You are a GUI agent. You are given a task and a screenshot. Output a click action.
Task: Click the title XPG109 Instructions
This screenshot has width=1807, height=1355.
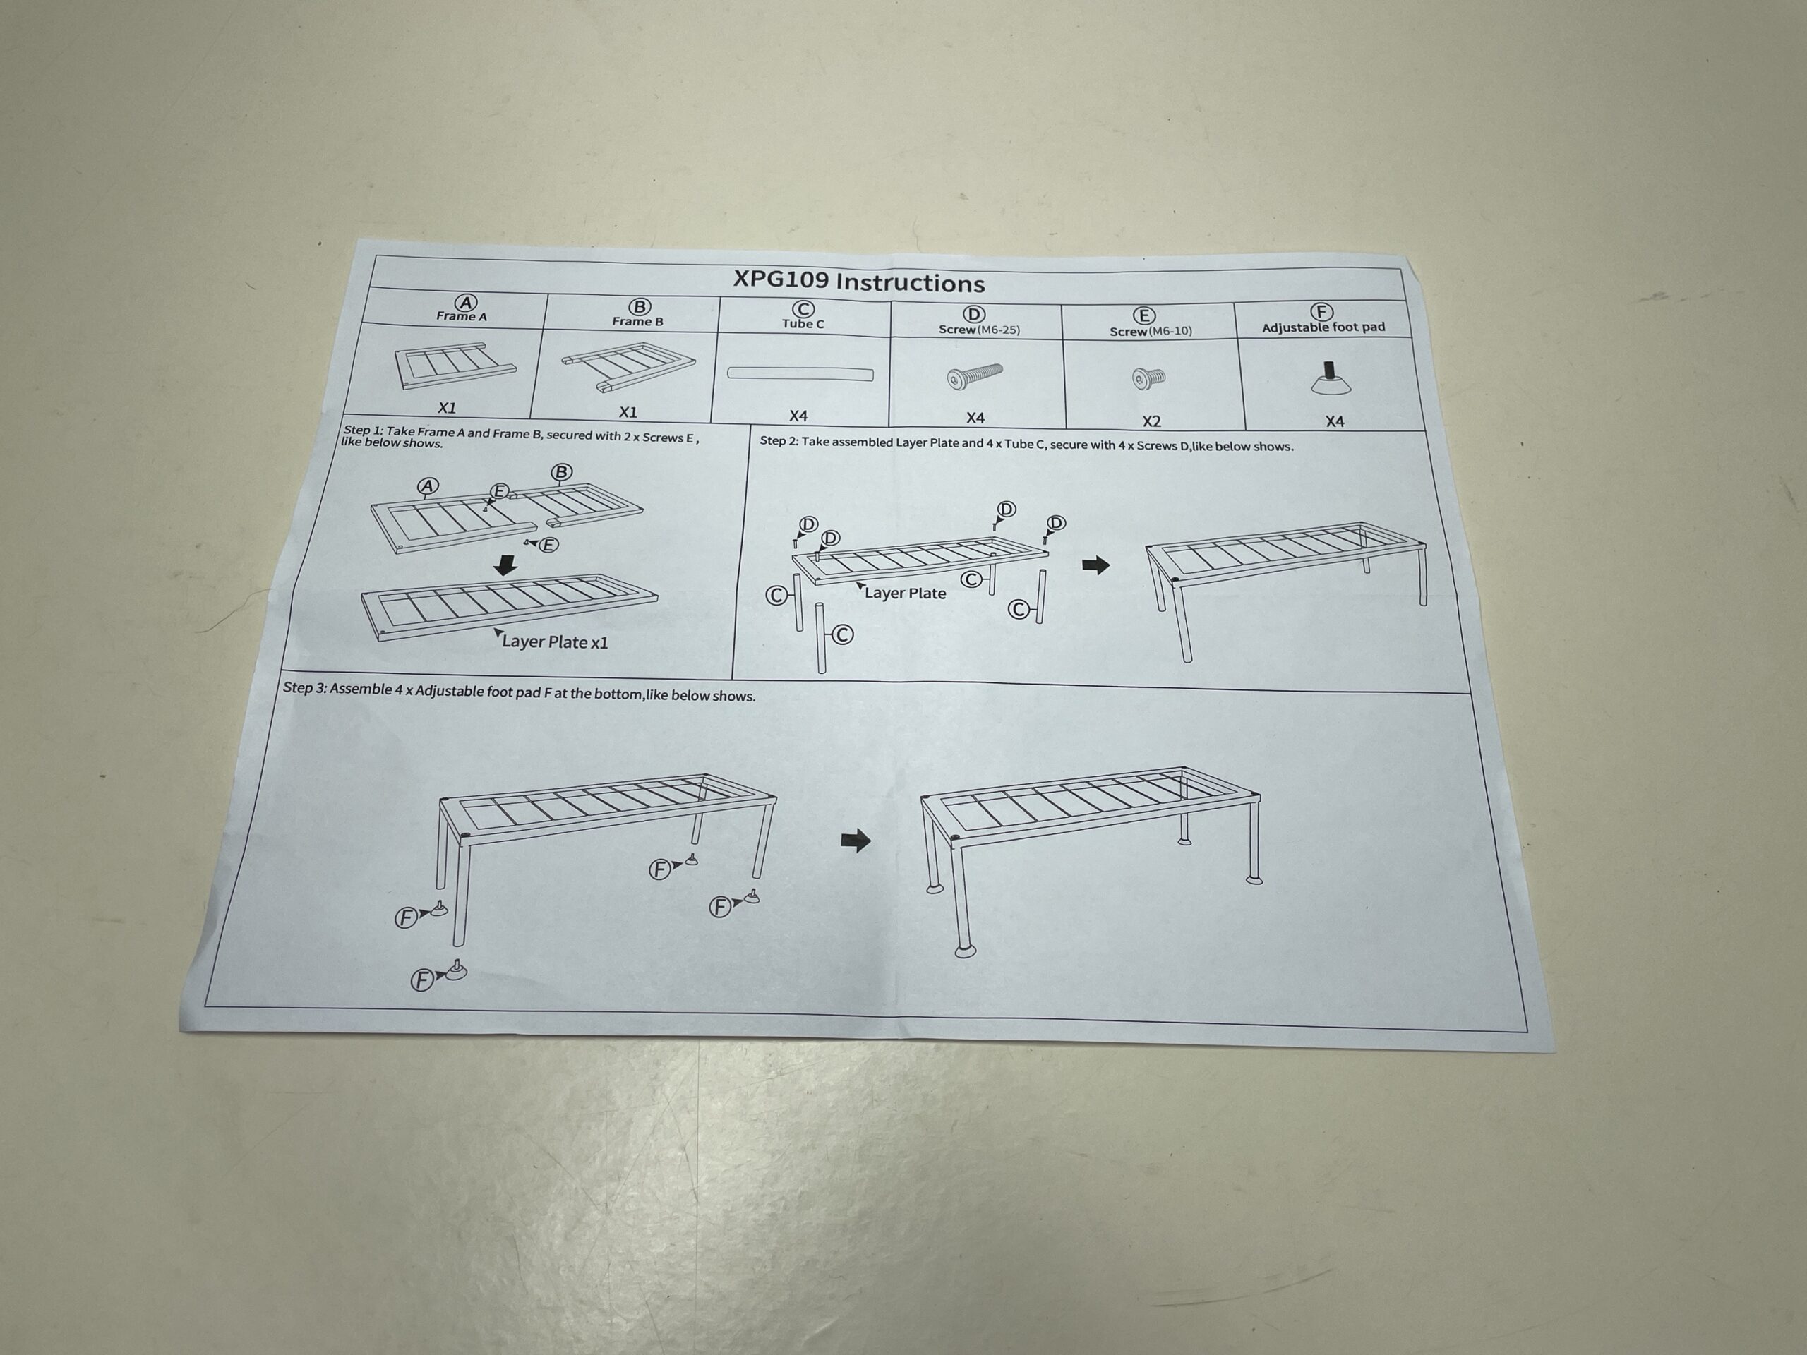(x=858, y=281)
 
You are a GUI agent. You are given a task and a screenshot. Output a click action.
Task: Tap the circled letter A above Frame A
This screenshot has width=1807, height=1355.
(x=465, y=303)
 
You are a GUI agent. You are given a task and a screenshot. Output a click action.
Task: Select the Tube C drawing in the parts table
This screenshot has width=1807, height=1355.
(x=800, y=374)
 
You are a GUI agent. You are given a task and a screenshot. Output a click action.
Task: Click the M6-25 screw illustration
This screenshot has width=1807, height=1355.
(x=975, y=377)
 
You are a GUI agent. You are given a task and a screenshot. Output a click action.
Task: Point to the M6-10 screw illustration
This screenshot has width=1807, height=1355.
(x=1148, y=378)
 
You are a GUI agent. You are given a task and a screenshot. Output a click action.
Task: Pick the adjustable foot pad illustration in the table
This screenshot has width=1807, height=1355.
(x=1331, y=378)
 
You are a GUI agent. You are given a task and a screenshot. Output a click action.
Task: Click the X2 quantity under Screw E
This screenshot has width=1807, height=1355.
(x=1151, y=421)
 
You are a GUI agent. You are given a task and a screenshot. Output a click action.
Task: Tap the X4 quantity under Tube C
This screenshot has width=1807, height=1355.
(x=798, y=416)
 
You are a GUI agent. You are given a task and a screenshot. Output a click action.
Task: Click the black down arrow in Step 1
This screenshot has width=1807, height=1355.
(x=507, y=565)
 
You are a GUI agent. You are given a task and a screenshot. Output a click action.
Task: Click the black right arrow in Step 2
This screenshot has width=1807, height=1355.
(x=1095, y=565)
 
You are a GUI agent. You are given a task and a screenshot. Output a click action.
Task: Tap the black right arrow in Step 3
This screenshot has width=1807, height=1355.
(x=856, y=841)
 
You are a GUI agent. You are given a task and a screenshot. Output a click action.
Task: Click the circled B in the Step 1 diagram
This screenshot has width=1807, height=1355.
(x=561, y=472)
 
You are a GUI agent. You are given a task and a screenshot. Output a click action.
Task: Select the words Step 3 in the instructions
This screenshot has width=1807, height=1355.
(x=305, y=687)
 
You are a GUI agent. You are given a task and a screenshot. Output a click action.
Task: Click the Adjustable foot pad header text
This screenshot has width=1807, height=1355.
(x=1323, y=327)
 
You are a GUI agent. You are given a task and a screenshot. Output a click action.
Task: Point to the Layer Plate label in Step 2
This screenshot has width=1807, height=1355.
(x=905, y=594)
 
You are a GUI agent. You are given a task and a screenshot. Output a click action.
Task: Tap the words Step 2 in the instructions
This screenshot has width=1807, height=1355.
(x=779, y=441)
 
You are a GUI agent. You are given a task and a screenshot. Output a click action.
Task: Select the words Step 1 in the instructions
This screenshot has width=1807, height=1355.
(x=363, y=430)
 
